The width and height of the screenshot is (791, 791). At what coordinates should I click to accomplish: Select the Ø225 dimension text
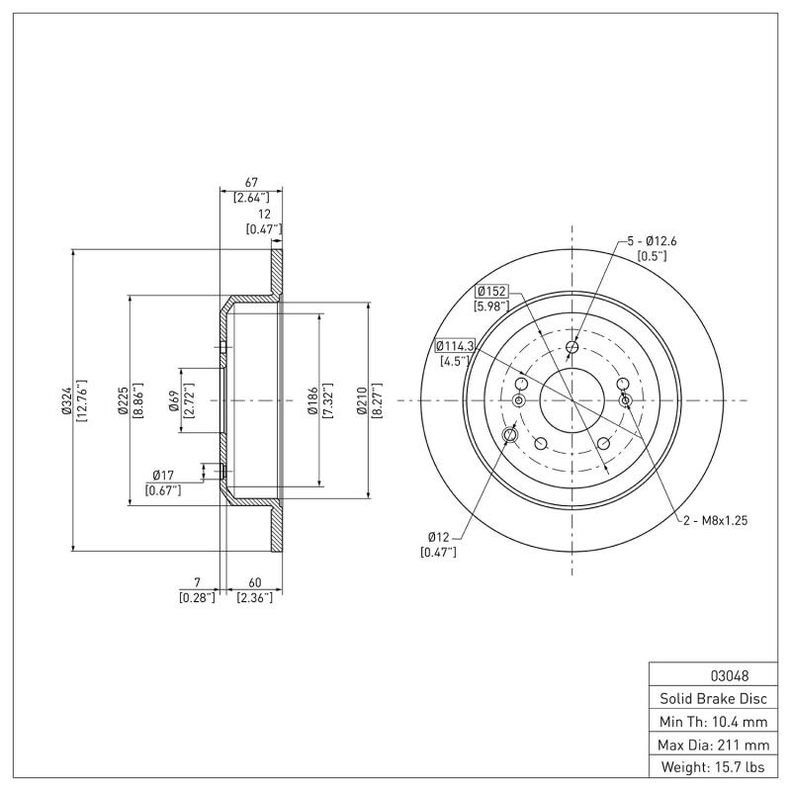tap(122, 400)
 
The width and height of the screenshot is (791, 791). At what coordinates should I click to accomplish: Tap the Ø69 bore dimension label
tap(174, 400)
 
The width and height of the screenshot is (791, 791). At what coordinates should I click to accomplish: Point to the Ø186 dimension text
tap(311, 400)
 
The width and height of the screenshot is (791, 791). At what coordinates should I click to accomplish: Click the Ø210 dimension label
tap(362, 400)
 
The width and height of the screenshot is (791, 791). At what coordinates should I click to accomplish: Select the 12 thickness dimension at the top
tap(263, 215)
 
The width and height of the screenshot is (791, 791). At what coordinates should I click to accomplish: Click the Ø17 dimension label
tap(164, 476)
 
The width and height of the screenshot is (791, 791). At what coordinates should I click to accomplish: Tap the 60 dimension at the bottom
tap(253, 582)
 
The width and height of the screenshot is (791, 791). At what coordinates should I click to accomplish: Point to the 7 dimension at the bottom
tap(198, 582)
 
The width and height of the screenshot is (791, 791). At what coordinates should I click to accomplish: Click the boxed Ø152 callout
tap(491, 292)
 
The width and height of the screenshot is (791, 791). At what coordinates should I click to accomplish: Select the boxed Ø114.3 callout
tap(455, 346)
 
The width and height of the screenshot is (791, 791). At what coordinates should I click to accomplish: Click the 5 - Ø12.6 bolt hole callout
tap(652, 241)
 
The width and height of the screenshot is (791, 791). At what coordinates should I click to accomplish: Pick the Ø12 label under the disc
tap(439, 536)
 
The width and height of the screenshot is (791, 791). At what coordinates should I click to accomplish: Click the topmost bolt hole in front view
tap(572, 346)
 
